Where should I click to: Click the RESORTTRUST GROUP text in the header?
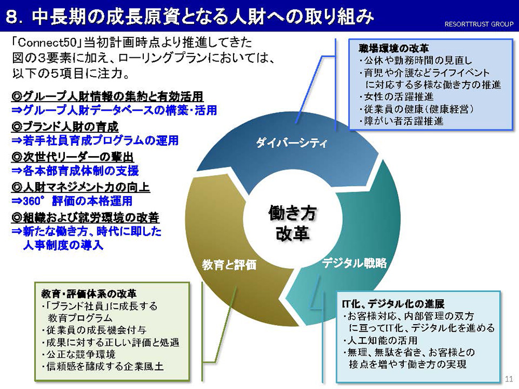pyautogui.click(x=478, y=24)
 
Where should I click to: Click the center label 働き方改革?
pyautogui.click(x=292, y=223)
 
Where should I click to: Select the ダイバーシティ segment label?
pyautogui.click(x=291, y=143)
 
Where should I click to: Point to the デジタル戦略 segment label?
pyautogui.click(x=355, y=263)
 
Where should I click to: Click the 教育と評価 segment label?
pyautogui.click(x=229, y=265)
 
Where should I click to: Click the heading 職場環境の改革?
pyautogui.click(x=394, y=48)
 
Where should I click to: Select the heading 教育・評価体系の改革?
pyautogui.click(x=89, y=294)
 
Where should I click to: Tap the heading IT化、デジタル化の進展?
pyautogui.click(x=393, y=304)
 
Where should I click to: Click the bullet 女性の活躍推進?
pyautogui.click(x=396, y=97)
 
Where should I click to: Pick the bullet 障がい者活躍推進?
pyautogui.click(x=401, y=121)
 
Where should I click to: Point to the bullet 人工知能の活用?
pyautogui.click(x=380, y=340)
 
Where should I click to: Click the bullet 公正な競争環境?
pyautogui.click(x=78, y=354)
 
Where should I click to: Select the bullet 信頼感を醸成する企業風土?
pyautogui.click(x=103, y=366)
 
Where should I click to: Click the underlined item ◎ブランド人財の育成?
pyautogui.click(x=65, y=126)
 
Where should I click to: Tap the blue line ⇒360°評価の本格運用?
pyautogui.click(x=72, y=201)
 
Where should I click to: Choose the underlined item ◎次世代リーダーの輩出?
pyautogui.click(x=72, y=157)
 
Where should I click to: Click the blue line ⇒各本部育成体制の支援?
pyautogui.click(x=75, y=171)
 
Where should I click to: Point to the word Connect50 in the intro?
pyautogui.click(x=46, y=43)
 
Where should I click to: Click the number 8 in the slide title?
pyautogui.click(x=12, y=17)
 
